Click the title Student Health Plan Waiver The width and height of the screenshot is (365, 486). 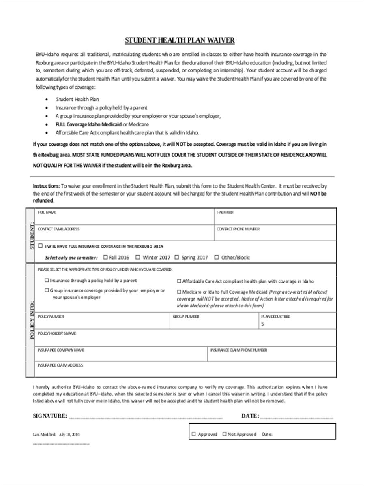point(179,40)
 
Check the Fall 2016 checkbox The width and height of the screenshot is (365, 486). point(105,257)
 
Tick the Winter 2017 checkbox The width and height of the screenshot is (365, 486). point(138,257)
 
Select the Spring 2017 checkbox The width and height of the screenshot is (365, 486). point(177,257)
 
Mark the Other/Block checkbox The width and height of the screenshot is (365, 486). point(217,257)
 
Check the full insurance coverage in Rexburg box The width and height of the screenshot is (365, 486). point(40,246)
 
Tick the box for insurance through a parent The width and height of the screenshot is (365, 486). point(47,280)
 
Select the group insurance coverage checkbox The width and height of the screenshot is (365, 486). point(47,290)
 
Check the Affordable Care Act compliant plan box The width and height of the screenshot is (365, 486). point(179,281)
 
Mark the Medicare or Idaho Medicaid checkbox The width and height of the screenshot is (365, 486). point(179,292)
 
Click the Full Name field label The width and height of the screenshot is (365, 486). point(47,212)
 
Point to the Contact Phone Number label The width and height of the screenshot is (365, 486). point(238,229)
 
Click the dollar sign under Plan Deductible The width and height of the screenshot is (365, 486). point(262,324)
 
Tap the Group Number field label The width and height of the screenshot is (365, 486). point(186,317)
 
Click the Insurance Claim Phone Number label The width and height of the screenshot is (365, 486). point(238,350)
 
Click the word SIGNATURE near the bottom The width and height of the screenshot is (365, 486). point(49,416)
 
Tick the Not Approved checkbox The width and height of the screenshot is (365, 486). point(224,434)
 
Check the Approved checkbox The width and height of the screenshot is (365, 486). point(194,434)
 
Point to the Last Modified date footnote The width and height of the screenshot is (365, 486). point(56,434)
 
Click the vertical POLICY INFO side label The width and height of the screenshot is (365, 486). point(32,320)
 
